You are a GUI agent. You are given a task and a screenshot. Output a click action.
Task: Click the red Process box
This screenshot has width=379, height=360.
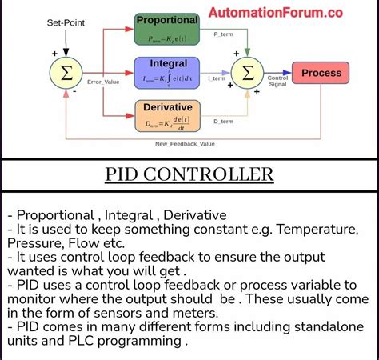pos(321,73)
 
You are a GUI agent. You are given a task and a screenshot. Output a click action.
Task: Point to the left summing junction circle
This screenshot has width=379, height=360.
pos(67,73)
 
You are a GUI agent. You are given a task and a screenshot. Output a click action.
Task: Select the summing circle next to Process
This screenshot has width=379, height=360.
pos(248,74)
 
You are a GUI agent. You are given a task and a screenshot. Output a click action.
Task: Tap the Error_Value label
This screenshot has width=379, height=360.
pos(103,82)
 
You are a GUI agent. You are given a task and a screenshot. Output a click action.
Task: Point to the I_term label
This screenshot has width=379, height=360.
pos(217,78)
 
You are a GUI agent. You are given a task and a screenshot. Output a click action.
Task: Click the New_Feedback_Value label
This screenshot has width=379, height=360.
pos(186,143)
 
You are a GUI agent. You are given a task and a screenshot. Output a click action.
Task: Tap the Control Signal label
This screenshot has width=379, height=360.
pos(277,81)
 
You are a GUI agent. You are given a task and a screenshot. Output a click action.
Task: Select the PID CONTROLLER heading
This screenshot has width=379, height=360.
pos(189,174)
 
